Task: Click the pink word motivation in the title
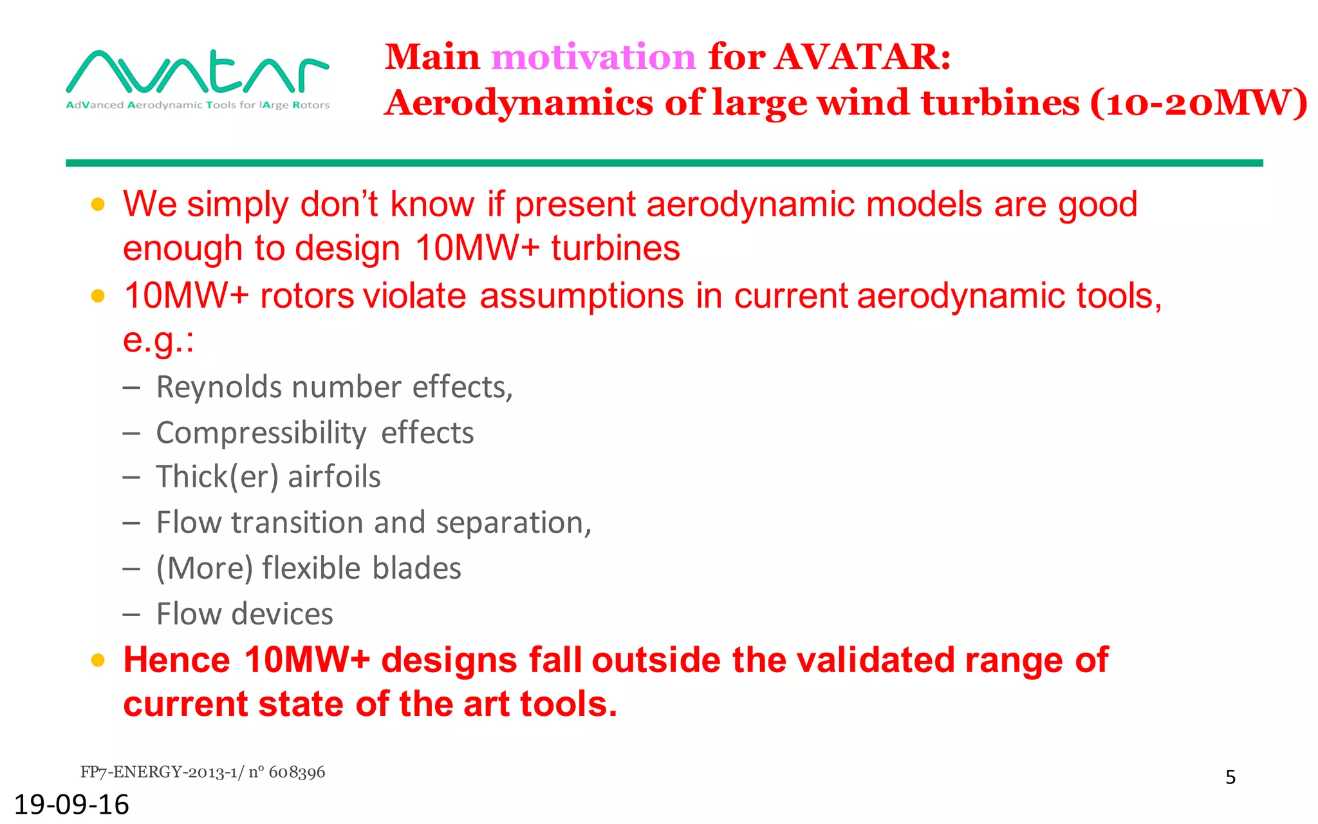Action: pos(593,57)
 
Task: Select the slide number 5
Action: pos(1230,778)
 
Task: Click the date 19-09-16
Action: pos(71,805)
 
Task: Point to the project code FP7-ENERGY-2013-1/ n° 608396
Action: pos(203,772)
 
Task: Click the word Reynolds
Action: pos(219,388)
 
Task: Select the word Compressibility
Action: pos(261,433)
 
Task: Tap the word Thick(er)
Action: pos(218,477)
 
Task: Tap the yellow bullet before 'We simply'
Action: pos(98,205)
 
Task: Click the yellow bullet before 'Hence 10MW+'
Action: pos(98,660)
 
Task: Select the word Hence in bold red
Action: pos(176,660)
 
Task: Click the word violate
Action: pos(414,296)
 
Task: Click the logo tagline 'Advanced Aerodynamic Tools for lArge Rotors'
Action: pos(198,105)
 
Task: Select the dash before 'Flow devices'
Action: pos(131,615)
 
